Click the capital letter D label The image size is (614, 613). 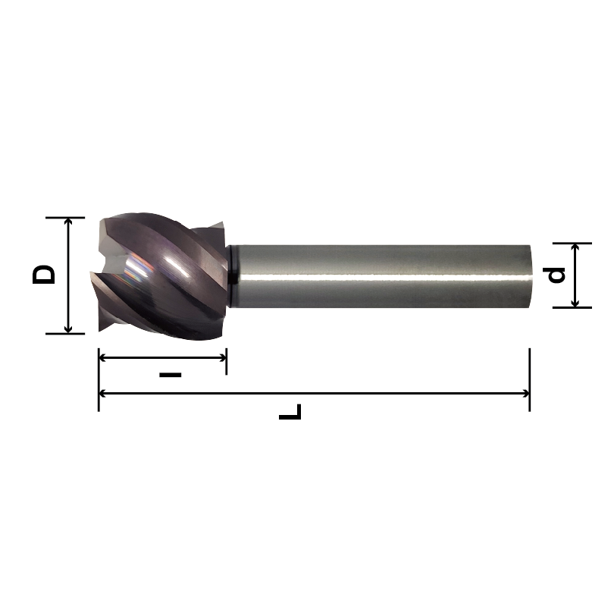(x=45, y=275)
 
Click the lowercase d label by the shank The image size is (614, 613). (x=557, y=275)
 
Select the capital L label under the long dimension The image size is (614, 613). (x=290, y=413)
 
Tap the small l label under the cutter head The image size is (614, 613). (x=172, y=375)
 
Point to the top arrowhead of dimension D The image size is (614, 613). (x=69, y=222)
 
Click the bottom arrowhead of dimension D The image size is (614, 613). (x=69, y=329)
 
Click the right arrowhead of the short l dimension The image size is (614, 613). (x=221, y=357)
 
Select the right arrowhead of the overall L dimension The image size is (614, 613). (x=524, y=394)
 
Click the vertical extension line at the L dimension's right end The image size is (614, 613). (x=529, y=364)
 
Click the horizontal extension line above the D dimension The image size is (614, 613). (x=64, y=218)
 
